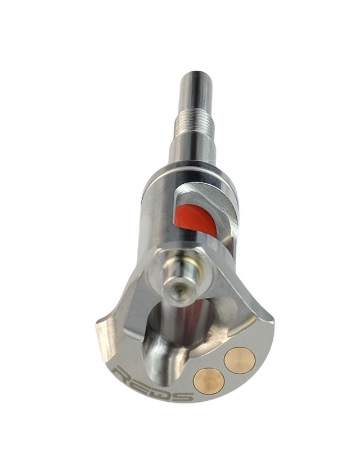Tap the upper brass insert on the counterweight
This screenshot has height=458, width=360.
(x=240, y=360)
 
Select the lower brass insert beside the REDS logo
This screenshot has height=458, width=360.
(x=209, y=381)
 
